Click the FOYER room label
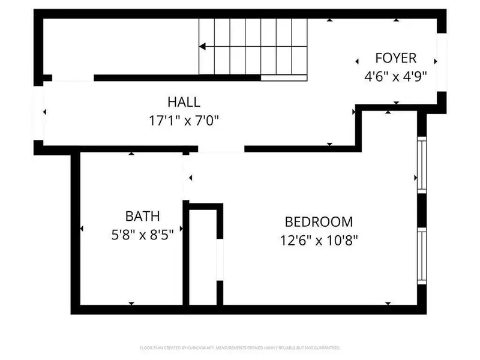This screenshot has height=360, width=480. click(395, 58)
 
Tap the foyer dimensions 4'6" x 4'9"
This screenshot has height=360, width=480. click(395, 76)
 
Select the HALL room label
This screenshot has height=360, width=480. click(184, 102)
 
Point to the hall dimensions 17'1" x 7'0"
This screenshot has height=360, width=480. click(184, 121)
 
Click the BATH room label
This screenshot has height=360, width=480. click(142, 216)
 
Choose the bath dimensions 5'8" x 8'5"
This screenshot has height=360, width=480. click(142, 235)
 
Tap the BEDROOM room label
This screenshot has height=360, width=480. click(319, 221)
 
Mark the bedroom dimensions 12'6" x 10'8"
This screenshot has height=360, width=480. click(319, 240)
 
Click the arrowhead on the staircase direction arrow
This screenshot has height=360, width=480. click(203, 46)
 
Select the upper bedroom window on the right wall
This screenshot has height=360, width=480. click(421, 164)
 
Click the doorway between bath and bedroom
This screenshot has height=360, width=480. click(185, 178)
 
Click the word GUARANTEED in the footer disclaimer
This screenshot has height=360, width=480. click(326, 347)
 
